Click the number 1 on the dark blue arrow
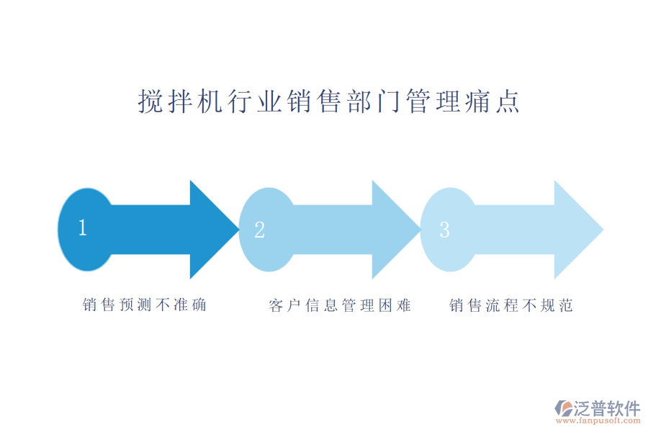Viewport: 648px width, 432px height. [x=83, y=229]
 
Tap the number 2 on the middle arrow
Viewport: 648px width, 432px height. [x=260, y=230]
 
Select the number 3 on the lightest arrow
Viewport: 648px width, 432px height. [x=444, y=230]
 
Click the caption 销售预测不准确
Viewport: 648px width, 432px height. [x=145, y=305]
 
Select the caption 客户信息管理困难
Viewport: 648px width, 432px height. [x=340, y=305]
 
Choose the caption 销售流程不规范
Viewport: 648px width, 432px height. [x=511, y=305]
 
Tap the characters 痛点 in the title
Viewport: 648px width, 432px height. [x=498, y=102]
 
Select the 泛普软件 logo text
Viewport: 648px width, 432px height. [x=607, y=408]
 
